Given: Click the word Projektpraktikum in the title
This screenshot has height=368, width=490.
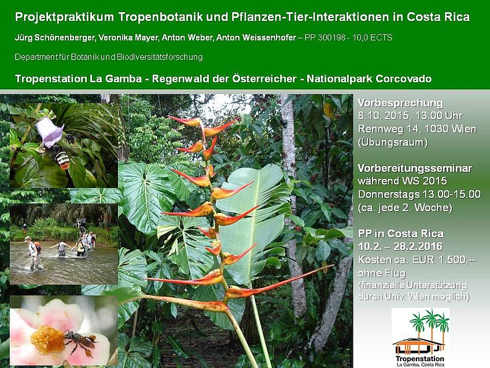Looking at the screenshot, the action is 64,17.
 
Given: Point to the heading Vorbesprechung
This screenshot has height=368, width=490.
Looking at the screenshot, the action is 400,103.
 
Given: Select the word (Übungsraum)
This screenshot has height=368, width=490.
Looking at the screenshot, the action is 393,142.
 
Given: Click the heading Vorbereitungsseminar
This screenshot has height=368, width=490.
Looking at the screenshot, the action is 415,168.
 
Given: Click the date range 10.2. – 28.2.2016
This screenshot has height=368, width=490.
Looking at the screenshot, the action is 400,246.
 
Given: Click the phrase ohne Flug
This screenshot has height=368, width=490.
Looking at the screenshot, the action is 382,273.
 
